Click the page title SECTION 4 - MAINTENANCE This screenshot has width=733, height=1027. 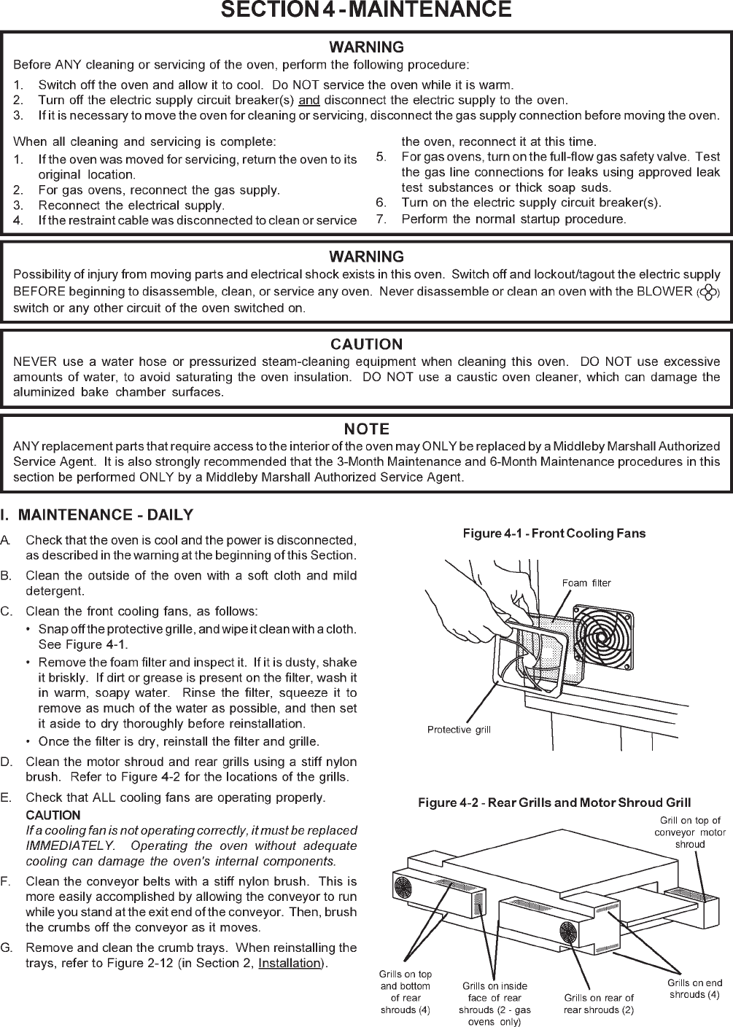coord(366,9)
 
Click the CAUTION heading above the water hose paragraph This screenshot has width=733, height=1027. coord(366,344)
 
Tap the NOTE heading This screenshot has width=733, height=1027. coord(366,429)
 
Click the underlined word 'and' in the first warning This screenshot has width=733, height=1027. coord(309,100)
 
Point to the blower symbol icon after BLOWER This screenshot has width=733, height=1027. coord(707,292)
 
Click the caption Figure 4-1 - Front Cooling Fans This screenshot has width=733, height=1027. coord(554,534)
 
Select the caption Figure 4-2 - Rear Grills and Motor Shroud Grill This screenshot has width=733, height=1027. coord(554,803)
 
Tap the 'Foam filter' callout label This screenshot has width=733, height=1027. coord(586,583)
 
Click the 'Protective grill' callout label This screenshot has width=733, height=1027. coord(459,730)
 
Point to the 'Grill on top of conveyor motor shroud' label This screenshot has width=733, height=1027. coord(690,832)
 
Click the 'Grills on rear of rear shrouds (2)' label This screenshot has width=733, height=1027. coord(599,1003)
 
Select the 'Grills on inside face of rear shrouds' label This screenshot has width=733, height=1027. coord(496,1004)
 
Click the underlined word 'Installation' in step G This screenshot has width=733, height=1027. coord(290,964)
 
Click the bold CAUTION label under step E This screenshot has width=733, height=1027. coord(53,815)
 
